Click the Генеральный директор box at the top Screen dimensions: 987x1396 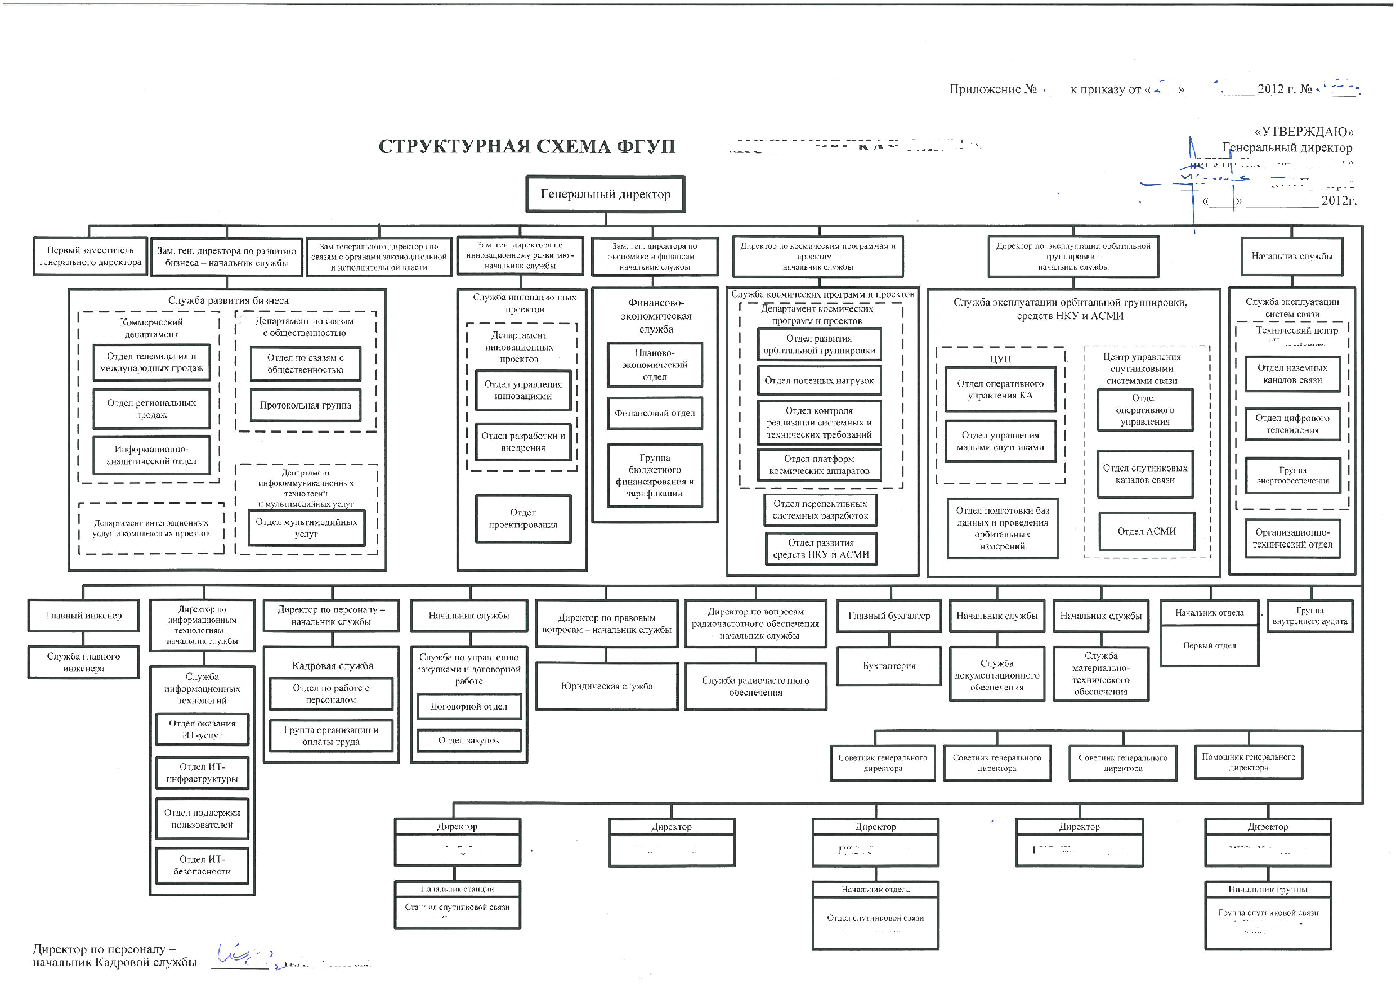605,195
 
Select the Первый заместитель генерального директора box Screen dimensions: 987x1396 90,257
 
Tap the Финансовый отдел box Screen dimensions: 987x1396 654,413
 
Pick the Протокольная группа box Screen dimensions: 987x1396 305,405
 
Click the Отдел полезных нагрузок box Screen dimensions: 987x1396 819,380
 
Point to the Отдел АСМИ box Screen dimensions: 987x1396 1146,531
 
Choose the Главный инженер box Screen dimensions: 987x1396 83,616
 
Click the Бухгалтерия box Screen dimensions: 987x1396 889,666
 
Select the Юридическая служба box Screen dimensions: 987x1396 606,686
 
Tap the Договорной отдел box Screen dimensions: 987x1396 468,706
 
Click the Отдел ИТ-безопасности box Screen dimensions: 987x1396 202,865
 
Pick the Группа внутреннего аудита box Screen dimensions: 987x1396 1310,616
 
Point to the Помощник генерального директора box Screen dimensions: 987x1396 1249,762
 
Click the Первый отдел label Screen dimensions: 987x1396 1209,645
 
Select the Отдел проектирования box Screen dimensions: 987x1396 523,518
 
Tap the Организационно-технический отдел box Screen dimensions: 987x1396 1292,538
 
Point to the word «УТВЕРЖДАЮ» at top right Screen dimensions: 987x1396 1304,132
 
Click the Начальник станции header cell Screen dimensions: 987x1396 457,889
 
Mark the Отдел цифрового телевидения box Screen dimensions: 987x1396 1292,424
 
